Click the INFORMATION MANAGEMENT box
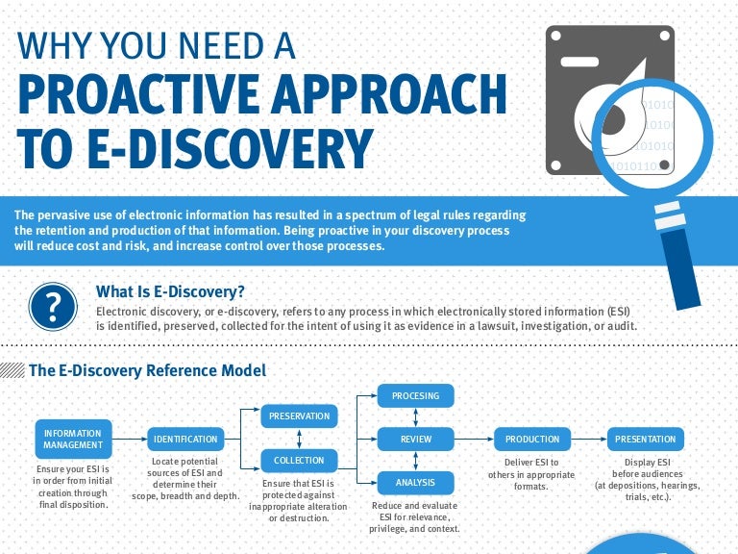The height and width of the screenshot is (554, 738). (x=73, y=439)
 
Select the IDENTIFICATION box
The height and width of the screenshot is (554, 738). (x=185, y=440)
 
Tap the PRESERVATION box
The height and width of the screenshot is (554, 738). (x=299, y=416)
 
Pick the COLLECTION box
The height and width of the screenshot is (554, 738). (x=299, y=461)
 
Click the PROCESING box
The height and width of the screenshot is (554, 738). (x=415, y=395)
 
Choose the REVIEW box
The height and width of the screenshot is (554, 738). (x=415, y=440)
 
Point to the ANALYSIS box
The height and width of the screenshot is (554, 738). (x=415, y=482)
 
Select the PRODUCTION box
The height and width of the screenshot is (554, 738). (x=532, y=440)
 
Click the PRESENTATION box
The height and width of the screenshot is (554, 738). (x=645, y=440)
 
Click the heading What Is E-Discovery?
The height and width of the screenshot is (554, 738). (x=170, y=291)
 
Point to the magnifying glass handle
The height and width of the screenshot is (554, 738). (x=681, y=255)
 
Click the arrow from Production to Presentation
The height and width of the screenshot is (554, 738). (x=589, y=440)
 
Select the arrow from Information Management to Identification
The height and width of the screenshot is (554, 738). (x=130, y=440)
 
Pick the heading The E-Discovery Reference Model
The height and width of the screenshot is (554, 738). (x=147, y=369)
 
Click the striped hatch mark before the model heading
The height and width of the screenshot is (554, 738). (x=12, y=369)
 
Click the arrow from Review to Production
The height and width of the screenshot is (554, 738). (x=474, y=440)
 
